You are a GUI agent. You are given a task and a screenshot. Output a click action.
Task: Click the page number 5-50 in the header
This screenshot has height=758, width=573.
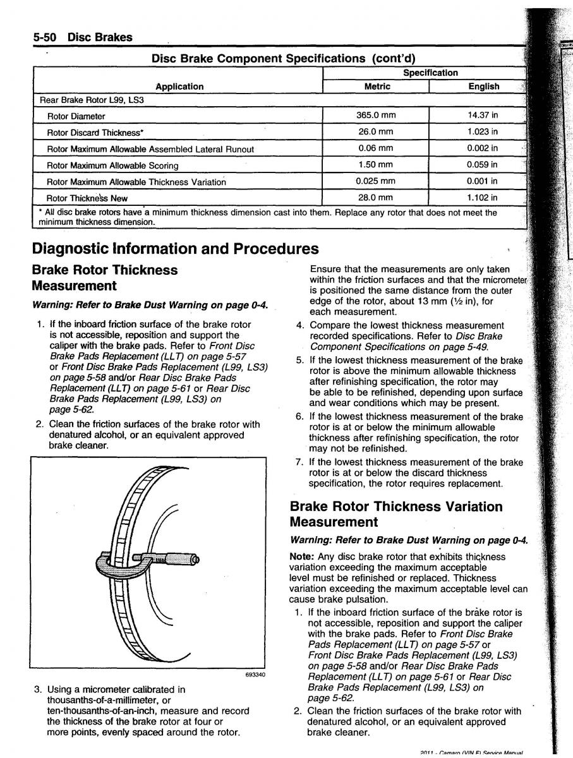[45, 37]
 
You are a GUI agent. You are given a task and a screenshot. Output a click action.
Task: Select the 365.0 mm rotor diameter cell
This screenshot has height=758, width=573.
[375, 116]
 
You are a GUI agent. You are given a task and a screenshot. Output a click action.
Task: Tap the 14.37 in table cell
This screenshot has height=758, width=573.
[483, 116]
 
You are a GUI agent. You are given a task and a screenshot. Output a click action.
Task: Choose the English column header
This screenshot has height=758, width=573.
[484, 87]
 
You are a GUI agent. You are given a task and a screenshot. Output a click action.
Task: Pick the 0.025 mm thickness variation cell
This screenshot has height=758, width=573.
[375, 181]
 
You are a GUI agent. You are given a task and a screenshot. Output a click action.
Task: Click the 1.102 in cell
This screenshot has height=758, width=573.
[483, 198]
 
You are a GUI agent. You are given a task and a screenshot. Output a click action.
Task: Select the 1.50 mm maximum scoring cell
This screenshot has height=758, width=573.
[375, 165]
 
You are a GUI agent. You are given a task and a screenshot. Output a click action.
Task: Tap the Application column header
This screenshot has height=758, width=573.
[179, 87]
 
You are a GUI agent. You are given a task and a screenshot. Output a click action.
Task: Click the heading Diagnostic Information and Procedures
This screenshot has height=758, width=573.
[175, 248]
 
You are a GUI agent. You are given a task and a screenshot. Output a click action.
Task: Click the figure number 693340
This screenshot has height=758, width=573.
[255, 675]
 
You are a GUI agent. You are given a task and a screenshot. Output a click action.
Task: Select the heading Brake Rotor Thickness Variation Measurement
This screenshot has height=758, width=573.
[396, 514]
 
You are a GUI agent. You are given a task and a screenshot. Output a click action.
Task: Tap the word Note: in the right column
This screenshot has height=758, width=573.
[301, 556]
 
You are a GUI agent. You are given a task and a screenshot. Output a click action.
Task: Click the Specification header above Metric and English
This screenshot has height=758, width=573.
[430, 73]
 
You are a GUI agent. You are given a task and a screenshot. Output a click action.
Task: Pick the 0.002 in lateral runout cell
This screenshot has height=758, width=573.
[483, 148]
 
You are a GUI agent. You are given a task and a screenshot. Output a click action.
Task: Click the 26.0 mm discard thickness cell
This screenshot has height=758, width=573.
[375, 132]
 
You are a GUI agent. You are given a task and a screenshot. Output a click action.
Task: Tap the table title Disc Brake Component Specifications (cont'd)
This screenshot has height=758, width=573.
[283, 59]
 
